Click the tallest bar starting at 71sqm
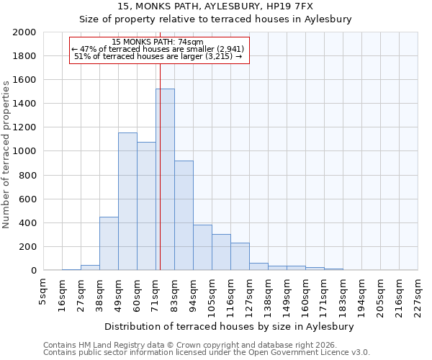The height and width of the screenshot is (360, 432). click(165, 180)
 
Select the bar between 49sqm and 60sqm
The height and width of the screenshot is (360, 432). click(127, 202)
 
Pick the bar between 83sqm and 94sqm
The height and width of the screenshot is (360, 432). click(184, 216)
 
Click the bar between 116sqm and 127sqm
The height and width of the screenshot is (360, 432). click(240, 256)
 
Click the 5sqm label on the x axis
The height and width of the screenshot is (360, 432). click(44, 288)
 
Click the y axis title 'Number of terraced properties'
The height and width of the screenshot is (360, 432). click(6, 154)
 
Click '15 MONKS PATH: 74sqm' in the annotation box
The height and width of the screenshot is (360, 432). click(158, 42)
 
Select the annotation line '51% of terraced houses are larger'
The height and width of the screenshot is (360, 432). click(158, 56)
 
